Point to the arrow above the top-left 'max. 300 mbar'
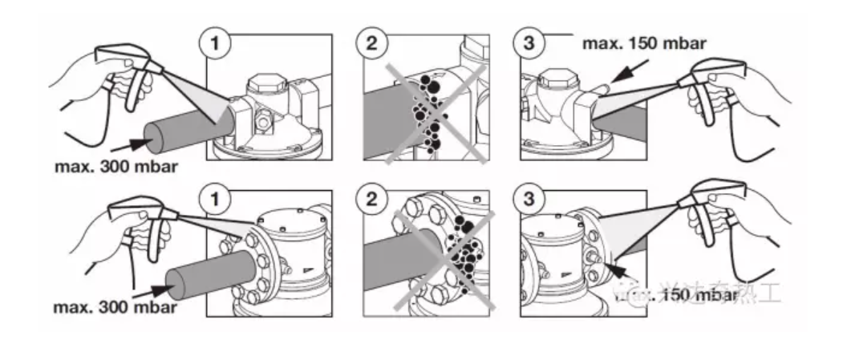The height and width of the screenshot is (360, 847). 128,144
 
